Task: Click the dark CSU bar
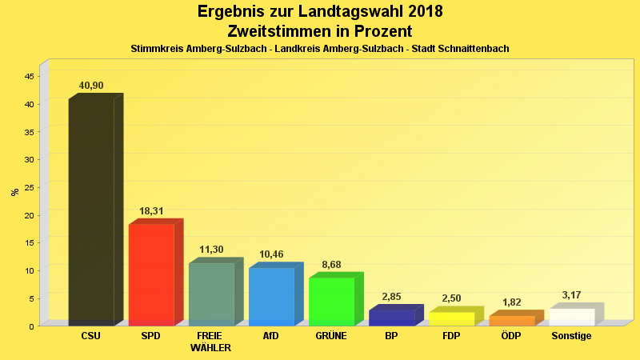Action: click(91, 212)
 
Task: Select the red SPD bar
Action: click(151, 274)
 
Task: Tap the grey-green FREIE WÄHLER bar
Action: click(211, 294)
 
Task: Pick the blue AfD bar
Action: click(271, 296)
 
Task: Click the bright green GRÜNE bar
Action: click(331, 301)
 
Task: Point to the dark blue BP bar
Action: click(391, 318)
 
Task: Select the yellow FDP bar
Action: click(451, 318)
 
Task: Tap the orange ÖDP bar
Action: click(511, 320)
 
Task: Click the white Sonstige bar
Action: click(571, 317)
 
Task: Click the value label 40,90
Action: click(91, 86)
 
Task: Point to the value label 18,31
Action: click(151, 211)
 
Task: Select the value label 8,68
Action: click(331, 264)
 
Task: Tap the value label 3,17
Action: click(571, 295)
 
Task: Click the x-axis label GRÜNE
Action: click(331, 336)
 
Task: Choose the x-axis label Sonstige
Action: click(571, 336)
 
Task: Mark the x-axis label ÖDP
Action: click(511, 336)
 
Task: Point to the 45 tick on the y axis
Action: click(29, 76)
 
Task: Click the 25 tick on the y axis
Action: click(29, 187)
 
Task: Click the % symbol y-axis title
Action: click(14, 192)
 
